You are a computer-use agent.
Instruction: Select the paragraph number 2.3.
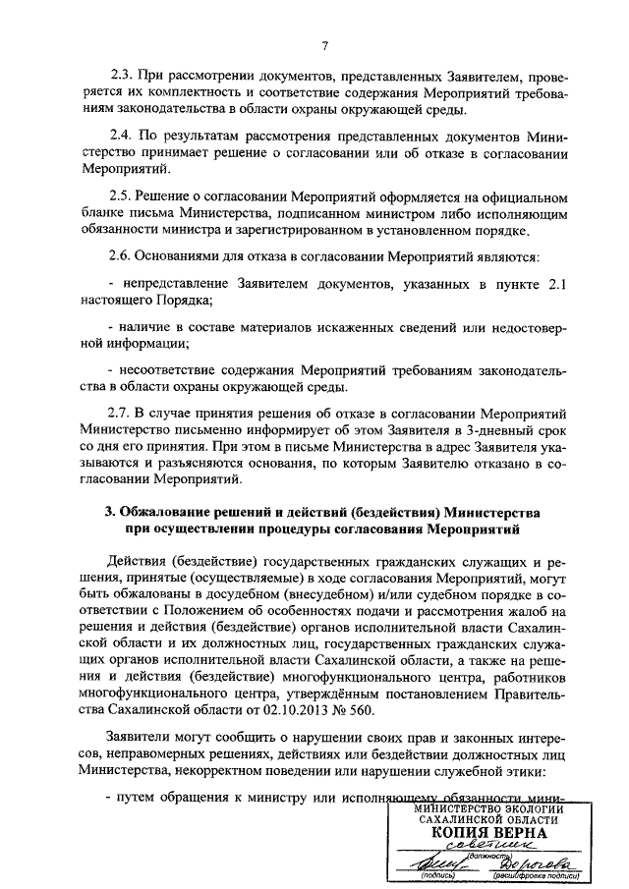123,75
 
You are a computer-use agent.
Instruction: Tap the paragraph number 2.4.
123,135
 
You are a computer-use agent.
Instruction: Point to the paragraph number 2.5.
123,195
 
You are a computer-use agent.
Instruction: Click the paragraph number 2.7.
123,410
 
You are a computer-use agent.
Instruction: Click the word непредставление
174,284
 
